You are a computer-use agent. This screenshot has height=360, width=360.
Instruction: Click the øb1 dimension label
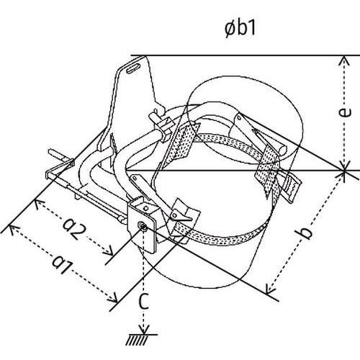pyautogui.click(x=240, y=29)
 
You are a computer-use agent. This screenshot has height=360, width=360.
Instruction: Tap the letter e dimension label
pyautogui.click(x=345, y=112)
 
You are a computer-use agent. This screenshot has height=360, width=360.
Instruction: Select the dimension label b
pyautogui.click(x=305, y=233)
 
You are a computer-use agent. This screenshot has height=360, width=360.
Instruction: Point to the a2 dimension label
pyautogui.click(x=74, y=230)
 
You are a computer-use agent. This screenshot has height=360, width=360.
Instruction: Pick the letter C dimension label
pyautogui.click(x=144, y=301)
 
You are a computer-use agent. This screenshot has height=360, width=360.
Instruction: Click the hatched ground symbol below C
pyautogui.click(x=140, y=340)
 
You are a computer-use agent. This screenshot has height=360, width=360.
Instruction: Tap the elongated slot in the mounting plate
pyautogui.click(x=133, y=68)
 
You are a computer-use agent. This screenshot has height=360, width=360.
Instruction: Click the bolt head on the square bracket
pyautogui.click(x=143, y=226)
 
